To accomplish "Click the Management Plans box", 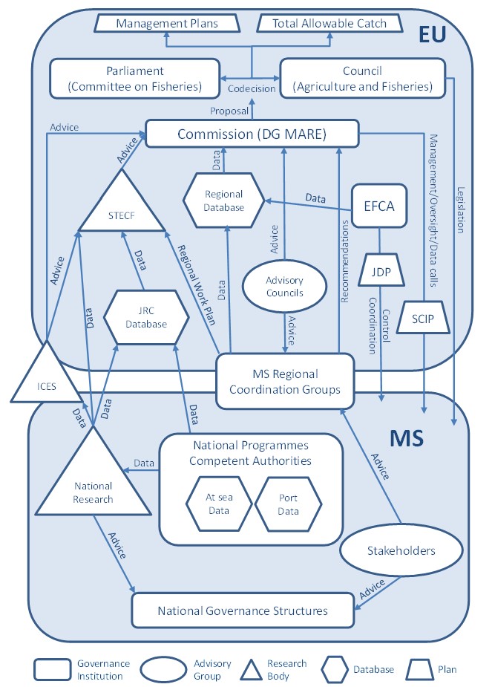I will coord(167,24).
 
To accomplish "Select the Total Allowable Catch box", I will coord(329,24).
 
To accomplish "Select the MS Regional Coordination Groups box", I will coord(284,380).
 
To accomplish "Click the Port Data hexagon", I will coord(288,504).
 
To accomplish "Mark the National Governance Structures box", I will coord(242,611).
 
